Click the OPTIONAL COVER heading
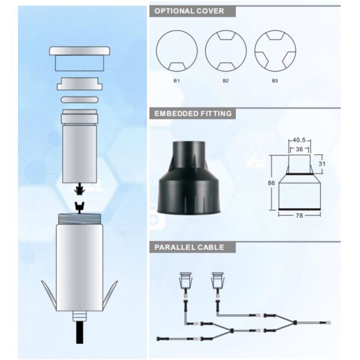point(190,11)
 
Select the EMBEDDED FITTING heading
point(193,113)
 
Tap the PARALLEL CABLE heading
point(189,247)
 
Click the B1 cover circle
point(176,50)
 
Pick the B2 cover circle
point(225,50)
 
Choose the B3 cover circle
point(274,50)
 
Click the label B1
point(176,80)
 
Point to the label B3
point(274,80)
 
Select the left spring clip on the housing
point(50,297)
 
